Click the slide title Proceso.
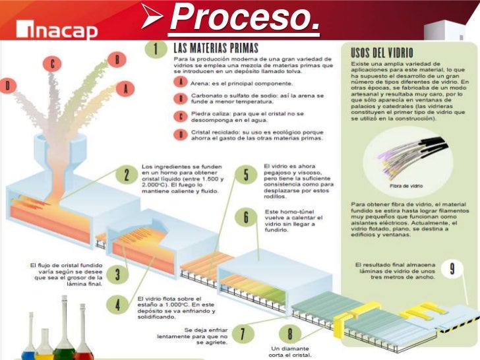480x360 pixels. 243,20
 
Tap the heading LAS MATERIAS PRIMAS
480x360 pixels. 216,47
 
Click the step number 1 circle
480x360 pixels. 155,49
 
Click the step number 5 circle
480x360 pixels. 245,175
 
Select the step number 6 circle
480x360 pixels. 245,217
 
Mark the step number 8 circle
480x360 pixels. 290,334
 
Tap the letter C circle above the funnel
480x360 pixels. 52,65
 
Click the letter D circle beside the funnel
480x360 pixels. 8,85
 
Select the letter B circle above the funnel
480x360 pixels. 117,60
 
